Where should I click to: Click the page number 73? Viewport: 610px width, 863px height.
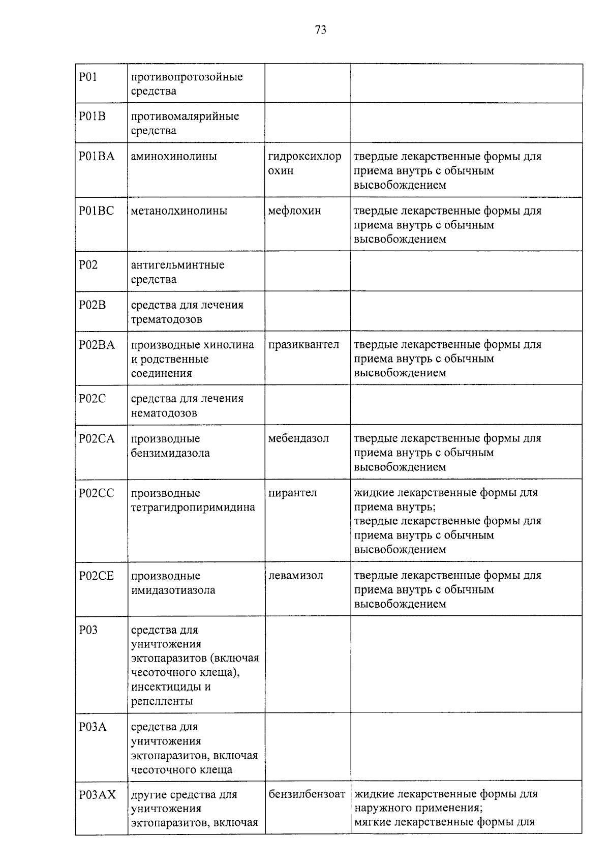tap(320, 30)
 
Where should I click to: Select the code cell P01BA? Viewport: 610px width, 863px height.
tap(97, 156)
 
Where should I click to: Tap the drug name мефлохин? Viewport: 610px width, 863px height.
tap(294, 211)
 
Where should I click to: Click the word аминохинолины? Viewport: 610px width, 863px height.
tap(174, 156)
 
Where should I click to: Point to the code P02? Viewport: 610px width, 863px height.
tap(88, 265)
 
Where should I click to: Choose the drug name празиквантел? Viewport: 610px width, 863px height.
tap(303, 345)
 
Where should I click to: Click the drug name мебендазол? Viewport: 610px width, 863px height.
tap(298, 438)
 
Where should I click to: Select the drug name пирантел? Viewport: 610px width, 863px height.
tap(292, 493)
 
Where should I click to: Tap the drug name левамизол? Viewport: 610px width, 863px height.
tap(295, 576)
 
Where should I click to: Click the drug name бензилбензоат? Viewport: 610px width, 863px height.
tap(307, 794)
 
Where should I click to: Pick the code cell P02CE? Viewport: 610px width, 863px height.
tap(97, 576)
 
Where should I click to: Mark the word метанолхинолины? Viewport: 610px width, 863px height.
tap(179, 211)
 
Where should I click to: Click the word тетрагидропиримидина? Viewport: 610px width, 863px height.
tap(193, 508)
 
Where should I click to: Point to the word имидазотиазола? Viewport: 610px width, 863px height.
tap(173, 590)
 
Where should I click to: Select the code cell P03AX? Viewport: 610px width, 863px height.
tap(97, 794)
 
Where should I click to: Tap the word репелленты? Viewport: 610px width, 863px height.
tap(162, 701)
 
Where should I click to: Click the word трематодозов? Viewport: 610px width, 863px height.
tap(166, 319)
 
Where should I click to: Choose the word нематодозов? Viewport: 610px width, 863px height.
tap(164, 413)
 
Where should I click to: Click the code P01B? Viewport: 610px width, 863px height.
tap(92, 116)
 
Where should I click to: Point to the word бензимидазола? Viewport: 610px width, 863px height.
tap(170, 453)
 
